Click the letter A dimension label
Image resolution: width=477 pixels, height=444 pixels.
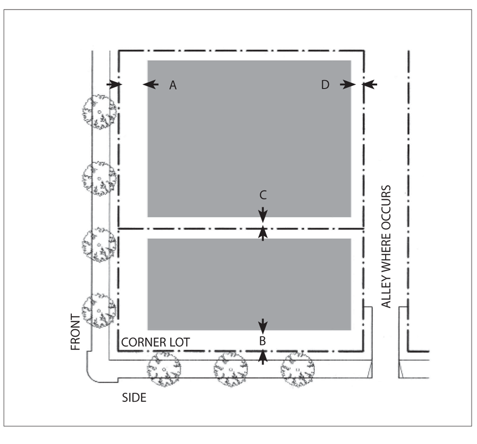point(173,86)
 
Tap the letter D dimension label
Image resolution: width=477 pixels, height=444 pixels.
point(325,85)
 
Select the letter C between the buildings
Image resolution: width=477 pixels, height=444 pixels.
point(263,194)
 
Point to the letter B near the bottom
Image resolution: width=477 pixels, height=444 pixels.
point(263,341)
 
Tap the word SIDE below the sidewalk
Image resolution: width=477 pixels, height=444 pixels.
point(134,398)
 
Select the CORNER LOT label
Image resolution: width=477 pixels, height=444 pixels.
point(156,343)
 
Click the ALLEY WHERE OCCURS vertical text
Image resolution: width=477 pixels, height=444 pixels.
point(386,248)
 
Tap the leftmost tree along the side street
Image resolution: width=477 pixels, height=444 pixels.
point(163,369)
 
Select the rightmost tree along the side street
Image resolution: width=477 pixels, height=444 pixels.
point(297,369)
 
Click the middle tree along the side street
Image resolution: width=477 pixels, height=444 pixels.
point(230,369)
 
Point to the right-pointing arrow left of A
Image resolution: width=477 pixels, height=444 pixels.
point(114,85)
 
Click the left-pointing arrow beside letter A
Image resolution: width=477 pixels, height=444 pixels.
point(151,85)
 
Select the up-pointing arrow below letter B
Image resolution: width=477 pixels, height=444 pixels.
point(263,356)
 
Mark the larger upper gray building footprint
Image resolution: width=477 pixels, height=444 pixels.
point(249,138)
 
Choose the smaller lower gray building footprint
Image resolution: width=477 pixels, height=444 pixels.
point(249,284)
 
